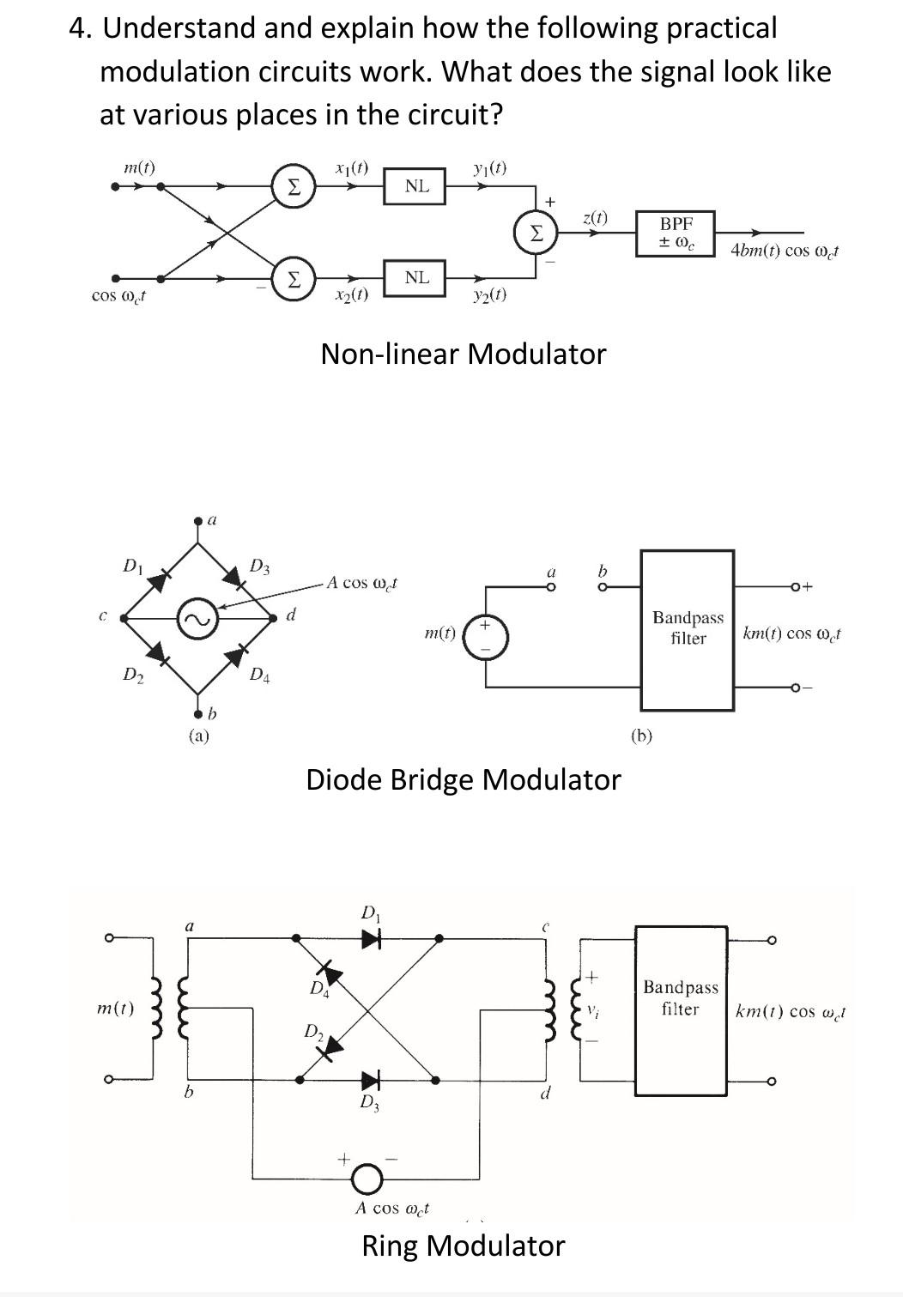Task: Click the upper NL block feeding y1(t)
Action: coord(416,185)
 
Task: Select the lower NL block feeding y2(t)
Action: coord(416,277)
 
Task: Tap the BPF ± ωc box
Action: coord(676,233)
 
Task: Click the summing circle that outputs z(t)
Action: coord(535,232)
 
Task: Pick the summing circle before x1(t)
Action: coord(293,186)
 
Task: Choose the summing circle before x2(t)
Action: coord(293,277)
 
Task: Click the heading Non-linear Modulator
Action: coord(463,354)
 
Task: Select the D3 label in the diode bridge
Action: coord(259,566)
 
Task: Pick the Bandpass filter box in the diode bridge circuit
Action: coord(688,629)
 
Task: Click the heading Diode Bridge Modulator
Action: coord(463,779)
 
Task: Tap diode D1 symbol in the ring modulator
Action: coord(371,938)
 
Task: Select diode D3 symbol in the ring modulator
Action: coord(371,1079)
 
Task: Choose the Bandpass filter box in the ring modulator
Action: coord(681,1009)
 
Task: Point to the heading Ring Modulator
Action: coord(463,1245)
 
